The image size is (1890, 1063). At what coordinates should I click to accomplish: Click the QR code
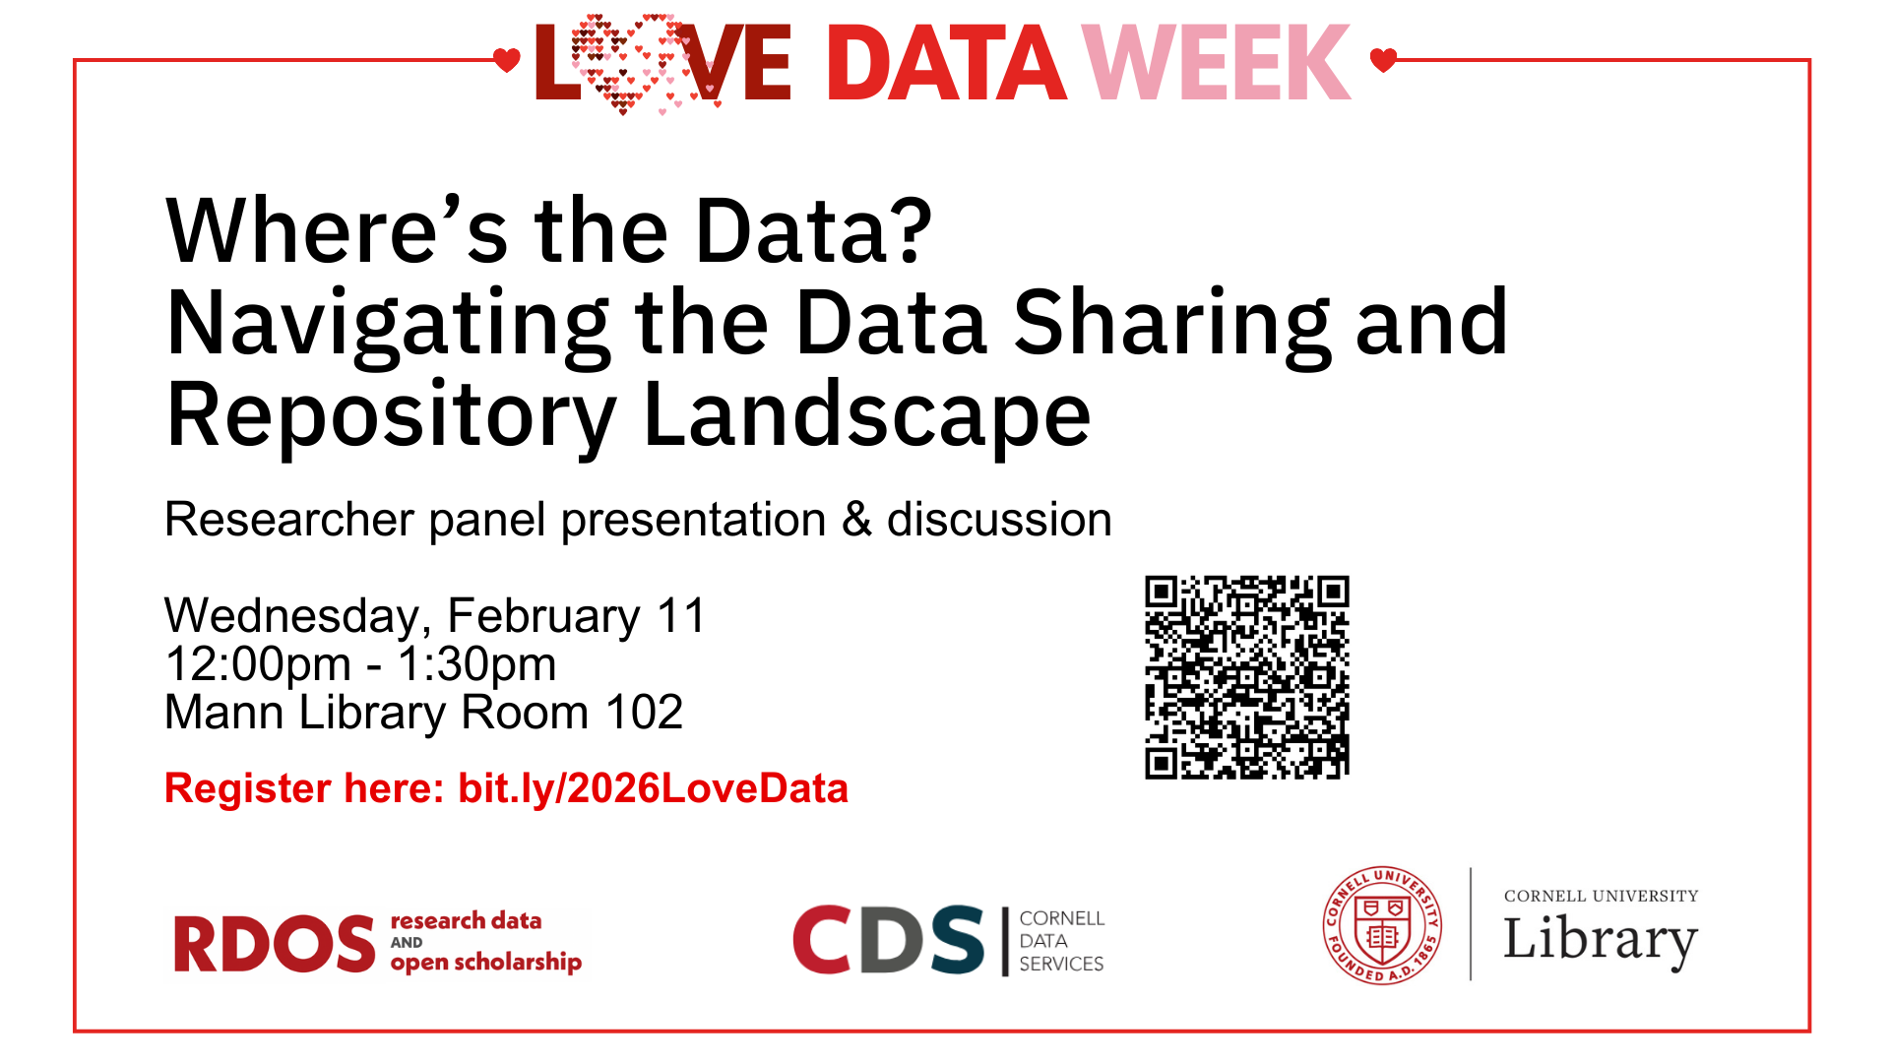(x=1246, y=677)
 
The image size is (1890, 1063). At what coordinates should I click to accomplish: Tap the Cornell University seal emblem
(x=1382, y=926)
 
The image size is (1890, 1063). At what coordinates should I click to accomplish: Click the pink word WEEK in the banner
(x=1217, y=63)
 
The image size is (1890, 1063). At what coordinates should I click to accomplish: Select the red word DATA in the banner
(x=946, y=64)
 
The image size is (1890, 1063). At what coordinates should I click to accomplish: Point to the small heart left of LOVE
(x=506, y=60)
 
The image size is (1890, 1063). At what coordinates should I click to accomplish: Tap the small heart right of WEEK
(x=1383, y=60)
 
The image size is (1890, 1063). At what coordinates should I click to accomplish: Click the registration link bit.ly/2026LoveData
(x=653, y=788)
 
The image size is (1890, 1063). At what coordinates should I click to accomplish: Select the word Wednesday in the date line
(x=291, y=617)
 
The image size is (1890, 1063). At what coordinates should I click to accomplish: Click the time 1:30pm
(x=476, y=664)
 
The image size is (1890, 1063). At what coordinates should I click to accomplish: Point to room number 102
(x=644, y=713)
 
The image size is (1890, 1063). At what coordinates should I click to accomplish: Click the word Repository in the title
(x=391, y=416)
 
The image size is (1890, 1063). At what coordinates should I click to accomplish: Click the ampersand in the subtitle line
(x=856, y=520)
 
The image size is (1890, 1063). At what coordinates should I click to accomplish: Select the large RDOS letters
(x=275, y=944)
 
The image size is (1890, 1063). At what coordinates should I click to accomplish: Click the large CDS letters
(x=888, y=940)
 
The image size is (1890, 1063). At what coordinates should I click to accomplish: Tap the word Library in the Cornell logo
(x=1600, y=940)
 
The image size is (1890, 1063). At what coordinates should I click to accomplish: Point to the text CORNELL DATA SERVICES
(x=1061, y=941)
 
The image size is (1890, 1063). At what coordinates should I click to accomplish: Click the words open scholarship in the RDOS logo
(x=485, y=962)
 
